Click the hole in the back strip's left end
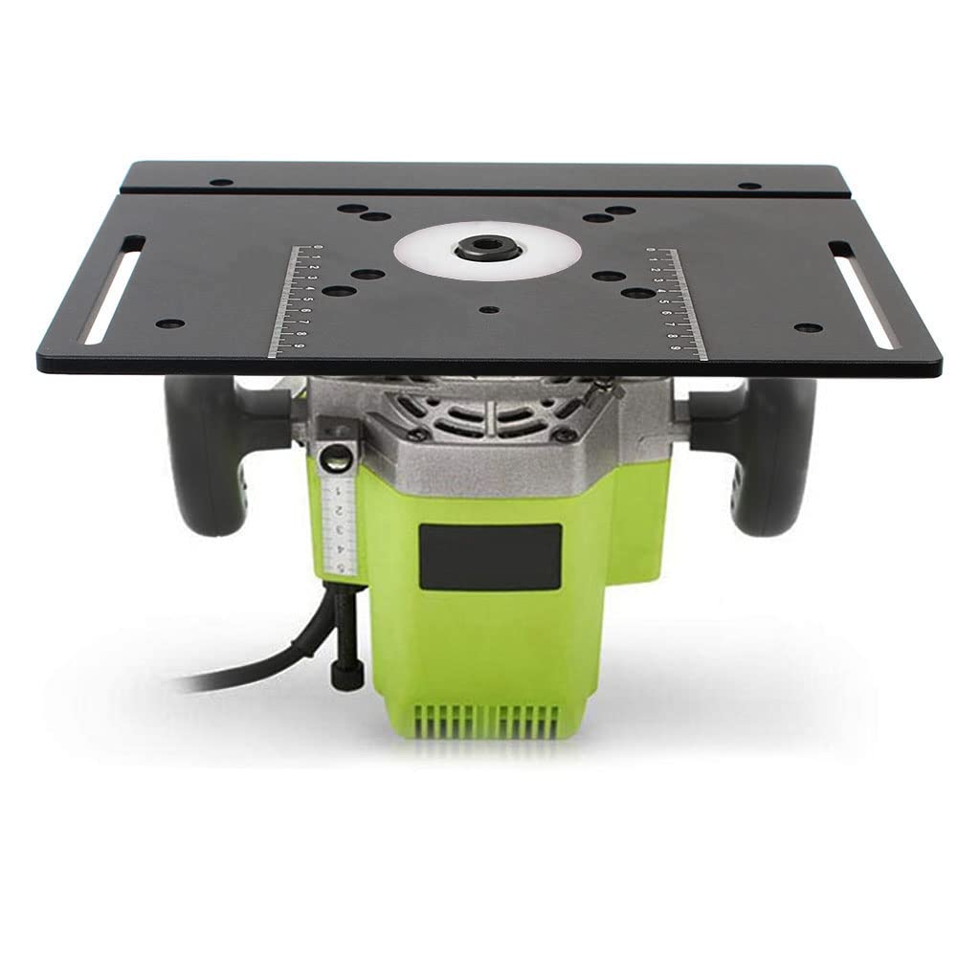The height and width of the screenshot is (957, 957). coord(220,182)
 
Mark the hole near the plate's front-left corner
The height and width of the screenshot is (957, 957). coord(168,324)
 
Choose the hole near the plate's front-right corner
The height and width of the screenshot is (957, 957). coord(808,327)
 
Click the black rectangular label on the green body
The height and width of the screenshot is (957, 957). coord(490,554)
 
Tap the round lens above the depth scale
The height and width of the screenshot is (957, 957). coord(337,457)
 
